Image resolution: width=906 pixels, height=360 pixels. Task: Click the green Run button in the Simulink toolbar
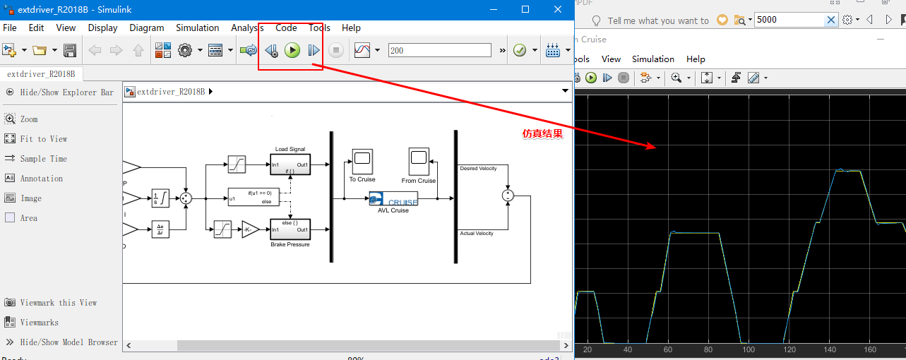292,50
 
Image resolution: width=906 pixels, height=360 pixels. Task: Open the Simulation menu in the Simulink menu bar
197,28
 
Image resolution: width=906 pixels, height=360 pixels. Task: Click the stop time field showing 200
439,50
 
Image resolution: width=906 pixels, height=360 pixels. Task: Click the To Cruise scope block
362,160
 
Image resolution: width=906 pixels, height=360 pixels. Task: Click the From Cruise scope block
418,161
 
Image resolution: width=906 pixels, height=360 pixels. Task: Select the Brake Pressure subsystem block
290,229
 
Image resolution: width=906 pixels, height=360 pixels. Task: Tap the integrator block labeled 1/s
160,198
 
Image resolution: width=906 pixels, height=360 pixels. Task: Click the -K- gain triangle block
250,229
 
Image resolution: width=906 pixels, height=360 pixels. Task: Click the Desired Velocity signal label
478,168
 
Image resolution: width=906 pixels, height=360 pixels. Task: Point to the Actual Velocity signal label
477,233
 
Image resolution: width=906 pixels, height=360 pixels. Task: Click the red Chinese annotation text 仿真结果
542,133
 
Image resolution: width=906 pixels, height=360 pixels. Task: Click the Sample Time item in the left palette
43,159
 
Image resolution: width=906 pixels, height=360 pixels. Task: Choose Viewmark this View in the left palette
58,303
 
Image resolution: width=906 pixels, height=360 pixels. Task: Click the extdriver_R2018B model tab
41,73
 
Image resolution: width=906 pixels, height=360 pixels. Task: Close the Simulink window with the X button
558,10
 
